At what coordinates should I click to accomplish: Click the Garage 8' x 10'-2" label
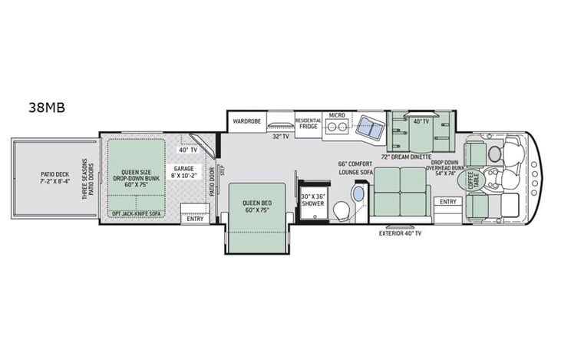click(183, 172)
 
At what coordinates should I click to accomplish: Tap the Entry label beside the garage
click(195, 219)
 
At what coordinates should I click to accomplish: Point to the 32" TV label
click(280, 137)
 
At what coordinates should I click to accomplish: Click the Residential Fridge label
click(309, 124)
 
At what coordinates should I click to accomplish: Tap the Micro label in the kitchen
click(336, 116)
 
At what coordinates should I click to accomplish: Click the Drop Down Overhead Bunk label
click(450, 170)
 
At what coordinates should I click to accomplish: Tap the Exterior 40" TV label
click(400, 233)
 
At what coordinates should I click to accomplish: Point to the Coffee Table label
click(477, 180)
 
